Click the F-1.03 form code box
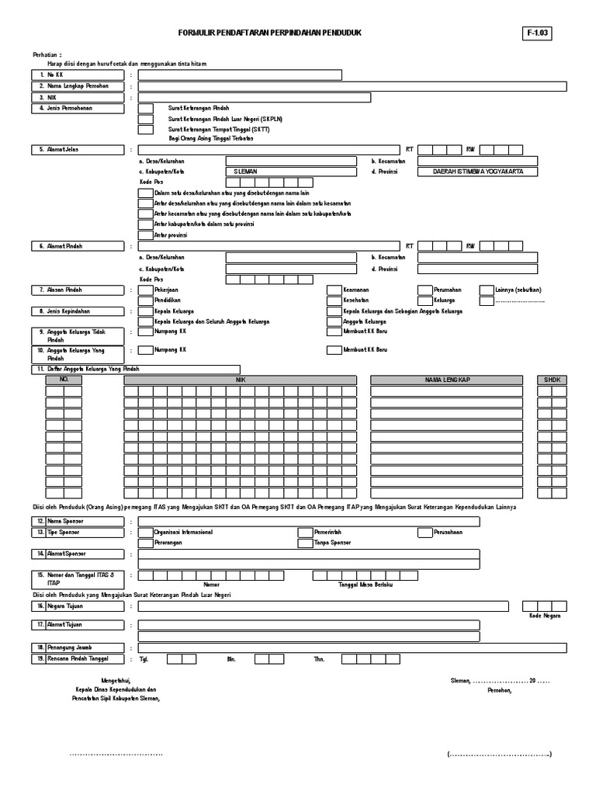click(x=539, y=33)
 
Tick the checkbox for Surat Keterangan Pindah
click(x=145, y=109)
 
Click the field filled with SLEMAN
click(x=290, y=172)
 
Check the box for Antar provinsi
click(x=145, y=234)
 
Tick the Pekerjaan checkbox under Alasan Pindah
click(x=145, y=290)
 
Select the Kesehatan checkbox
click(x=334, y=300)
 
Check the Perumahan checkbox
click(x=424, y=290)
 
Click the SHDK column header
click(x=553, y=380)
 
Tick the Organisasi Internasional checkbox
click(x=145, y=533)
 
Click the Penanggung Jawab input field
click(x=352, y=647)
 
